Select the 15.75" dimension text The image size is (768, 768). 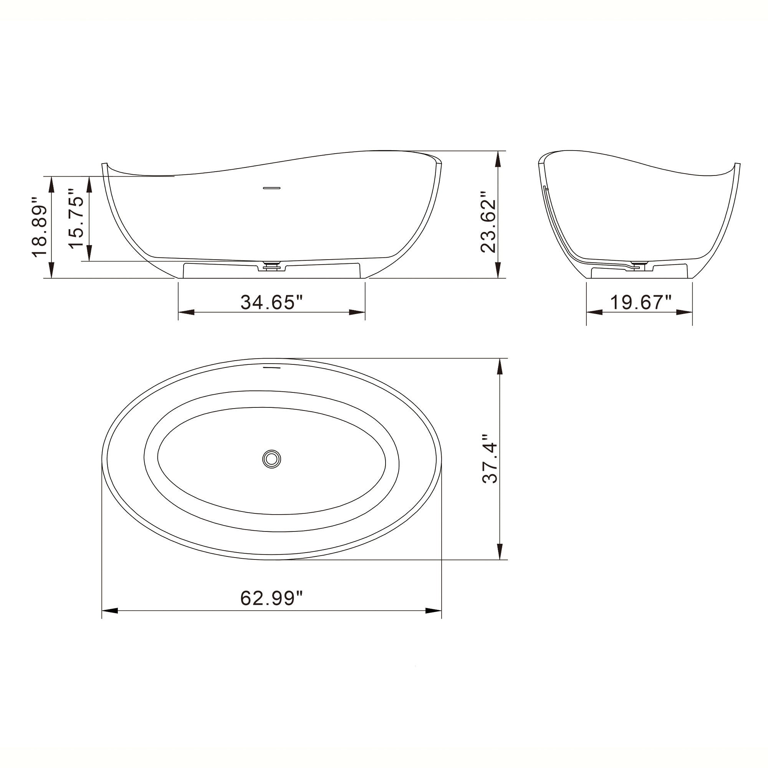pos(76,218)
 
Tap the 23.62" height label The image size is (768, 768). pos(488,223)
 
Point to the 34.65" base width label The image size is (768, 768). pos(272,302)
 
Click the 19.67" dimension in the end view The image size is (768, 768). pos(641,303)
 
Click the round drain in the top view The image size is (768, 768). pos(272,459)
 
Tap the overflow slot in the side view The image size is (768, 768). pos(272,187)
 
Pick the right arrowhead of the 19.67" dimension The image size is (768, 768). pos(685,313)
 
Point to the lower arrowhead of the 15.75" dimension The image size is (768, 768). pos(89,253)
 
